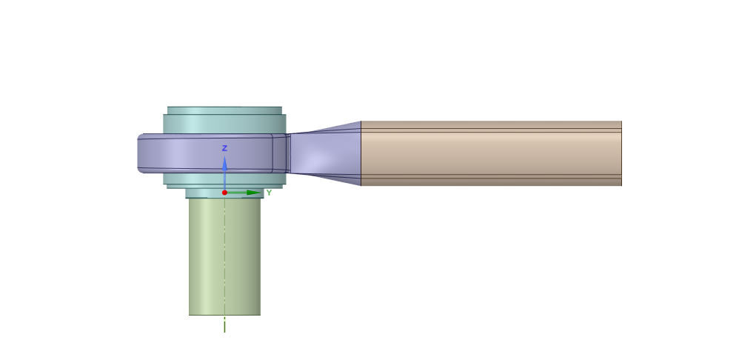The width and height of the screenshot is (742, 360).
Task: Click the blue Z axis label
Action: tap(225, 148)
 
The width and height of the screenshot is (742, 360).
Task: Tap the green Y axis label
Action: tap(269, 193)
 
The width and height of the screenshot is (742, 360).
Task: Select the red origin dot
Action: tap(225, 193)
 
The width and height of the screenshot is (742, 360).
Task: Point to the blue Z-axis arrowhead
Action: tap(225, 163)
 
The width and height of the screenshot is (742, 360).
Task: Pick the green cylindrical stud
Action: tap(225, 256)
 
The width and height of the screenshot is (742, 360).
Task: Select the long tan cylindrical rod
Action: tap(491, 153)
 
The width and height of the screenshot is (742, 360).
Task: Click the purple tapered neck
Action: tap(326, 153)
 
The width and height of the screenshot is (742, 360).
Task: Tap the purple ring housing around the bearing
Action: tap(213, 153)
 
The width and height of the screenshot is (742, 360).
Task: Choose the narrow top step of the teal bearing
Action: tap(225, 110)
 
